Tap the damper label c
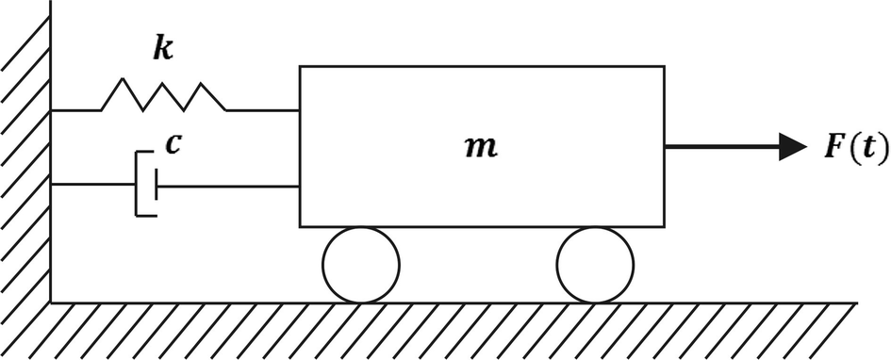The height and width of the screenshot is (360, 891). [173, 143]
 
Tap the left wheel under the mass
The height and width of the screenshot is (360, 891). [361, 265]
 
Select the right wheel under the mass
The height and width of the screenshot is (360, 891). [595, 265]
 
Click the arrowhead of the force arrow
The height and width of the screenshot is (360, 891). [792, 147]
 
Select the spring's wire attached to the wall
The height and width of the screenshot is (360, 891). [75, 110]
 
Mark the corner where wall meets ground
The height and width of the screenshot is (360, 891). [51, 303]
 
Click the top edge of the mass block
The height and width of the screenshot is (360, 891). [482, 67]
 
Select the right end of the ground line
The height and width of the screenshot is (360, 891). [854, 303]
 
